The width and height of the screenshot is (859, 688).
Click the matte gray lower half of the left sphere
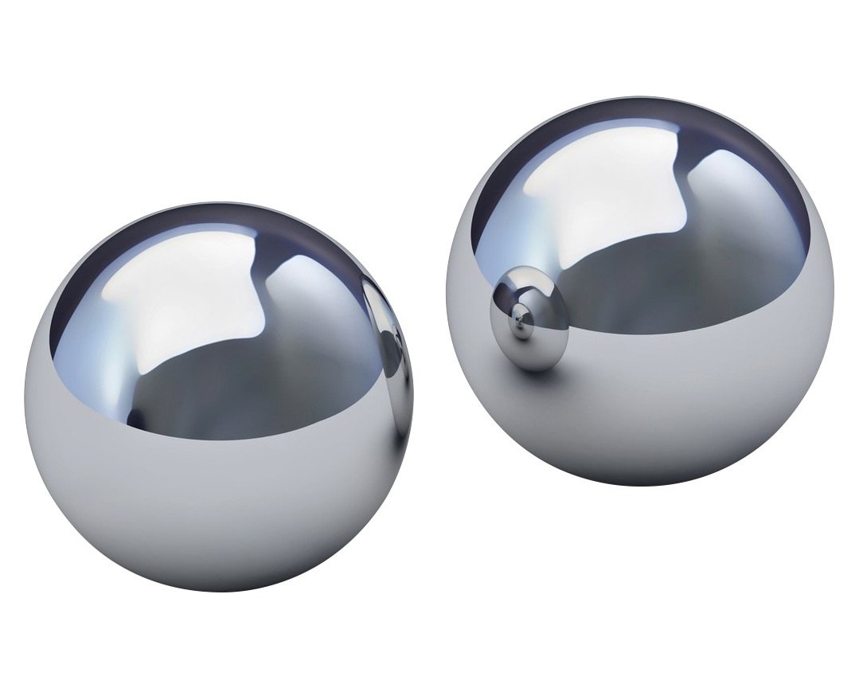(215, 510)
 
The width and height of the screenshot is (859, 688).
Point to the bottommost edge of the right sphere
(637, 484)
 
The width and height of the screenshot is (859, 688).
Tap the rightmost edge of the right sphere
(833, 295)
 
